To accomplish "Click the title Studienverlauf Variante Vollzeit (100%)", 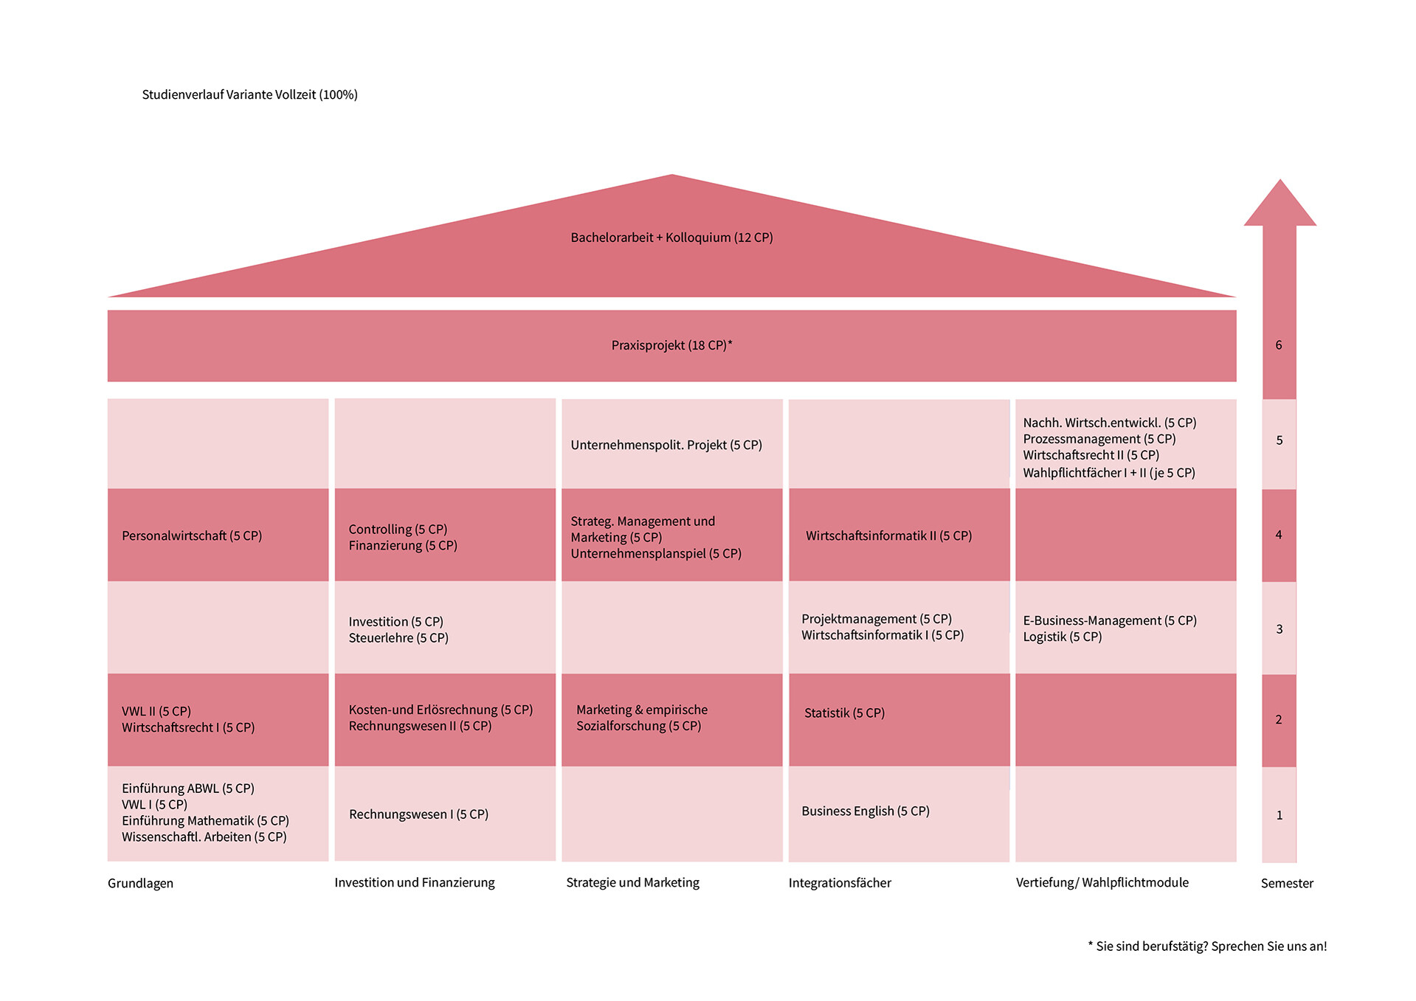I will tap(249, 94).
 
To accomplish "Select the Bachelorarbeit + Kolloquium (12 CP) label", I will tap(671, 238).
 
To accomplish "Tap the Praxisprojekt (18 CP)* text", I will tap(671, 345).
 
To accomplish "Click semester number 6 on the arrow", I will tap(1279, 345).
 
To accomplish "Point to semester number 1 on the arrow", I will tap(1279, 815).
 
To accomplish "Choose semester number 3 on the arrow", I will tap(1279, 629).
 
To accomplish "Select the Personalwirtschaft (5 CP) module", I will tap(192, 536).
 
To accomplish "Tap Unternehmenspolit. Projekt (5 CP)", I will tap(666, 445).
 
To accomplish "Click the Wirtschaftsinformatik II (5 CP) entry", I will tap(888, 536).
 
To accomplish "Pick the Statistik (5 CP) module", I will tap(844, 713).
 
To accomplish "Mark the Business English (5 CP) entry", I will tap(866, 811).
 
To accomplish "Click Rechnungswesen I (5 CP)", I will tap(418, 814).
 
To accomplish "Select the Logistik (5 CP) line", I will tap(1062, 637).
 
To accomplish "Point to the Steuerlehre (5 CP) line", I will tap(398, 638).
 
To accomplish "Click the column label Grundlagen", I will tap(140, 883).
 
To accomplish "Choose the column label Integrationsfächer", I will tap(840, 883).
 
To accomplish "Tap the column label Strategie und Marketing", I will tap(632, 882).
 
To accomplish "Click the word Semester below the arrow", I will tap(1287, 883).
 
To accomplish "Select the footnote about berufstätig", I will tap(1207, 946).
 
